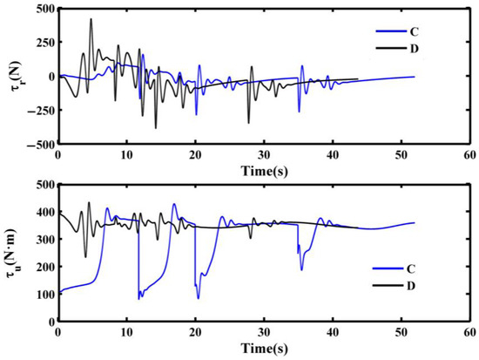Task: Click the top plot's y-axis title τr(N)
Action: pos(12,77)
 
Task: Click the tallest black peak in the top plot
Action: pos(91,19)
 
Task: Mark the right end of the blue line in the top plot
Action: pos(415,77)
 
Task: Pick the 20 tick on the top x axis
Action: pos(195,154)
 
